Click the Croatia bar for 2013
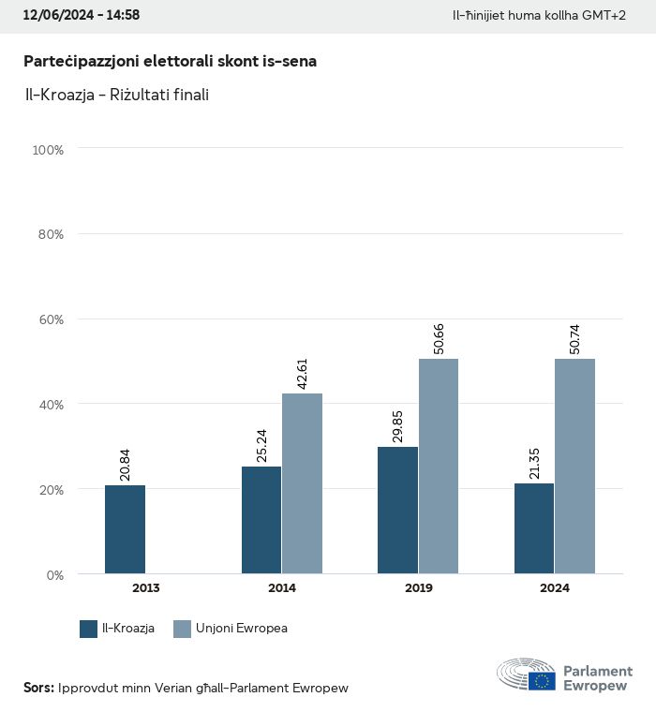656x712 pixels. click(x=125, y=529)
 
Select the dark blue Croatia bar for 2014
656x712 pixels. click(x=261, y=520)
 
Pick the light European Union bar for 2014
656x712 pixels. click(x=303, y=483)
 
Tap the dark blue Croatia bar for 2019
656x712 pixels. click(x=397, y=511)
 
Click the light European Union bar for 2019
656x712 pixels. click(x=439, y=466)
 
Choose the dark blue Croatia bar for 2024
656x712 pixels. click(x=534, y=528)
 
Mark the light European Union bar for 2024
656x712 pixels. click(x=575, y=466)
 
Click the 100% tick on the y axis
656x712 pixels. click(x=48, y=149)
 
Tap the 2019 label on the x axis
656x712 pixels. click(x=418, y=588)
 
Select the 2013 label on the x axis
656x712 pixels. click(x=145, y=588)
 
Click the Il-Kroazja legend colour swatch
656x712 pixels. click(x=89, y=629)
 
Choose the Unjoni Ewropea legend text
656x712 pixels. click(x=242, y=629)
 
